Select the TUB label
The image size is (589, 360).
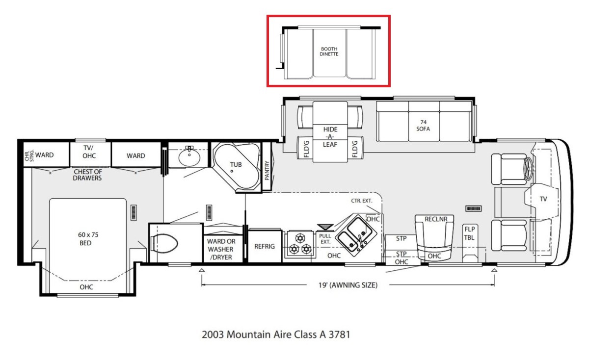[x=236, y=165]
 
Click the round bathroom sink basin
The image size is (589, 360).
[x=189, y=157]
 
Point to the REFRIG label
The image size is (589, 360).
[x=265, y=247]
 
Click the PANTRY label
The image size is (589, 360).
[x=267, y=171]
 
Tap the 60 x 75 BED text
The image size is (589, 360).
[x=88, y=239]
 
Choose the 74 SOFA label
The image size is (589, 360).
[x=423, y=126]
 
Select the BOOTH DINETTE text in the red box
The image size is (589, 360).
[x=329, y=51]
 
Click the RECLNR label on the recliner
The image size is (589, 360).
[x=436, y=219]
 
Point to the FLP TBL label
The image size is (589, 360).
[x=469, y=233]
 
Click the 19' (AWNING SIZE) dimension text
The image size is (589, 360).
[x=348, y=285]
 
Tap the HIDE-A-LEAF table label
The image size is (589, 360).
[x=330, y=137]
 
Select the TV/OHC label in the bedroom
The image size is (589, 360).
[x=89, y=152]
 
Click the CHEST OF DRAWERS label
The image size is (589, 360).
[x=87, y=175]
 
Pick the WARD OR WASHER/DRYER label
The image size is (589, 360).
[x=221, y=249]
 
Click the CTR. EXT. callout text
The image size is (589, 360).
[x=362, y=201]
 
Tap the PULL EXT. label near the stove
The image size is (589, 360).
[x=325, y=239]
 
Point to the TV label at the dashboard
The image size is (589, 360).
[x=543, y=199]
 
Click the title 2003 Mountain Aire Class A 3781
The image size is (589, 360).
[x=276, y=334]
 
